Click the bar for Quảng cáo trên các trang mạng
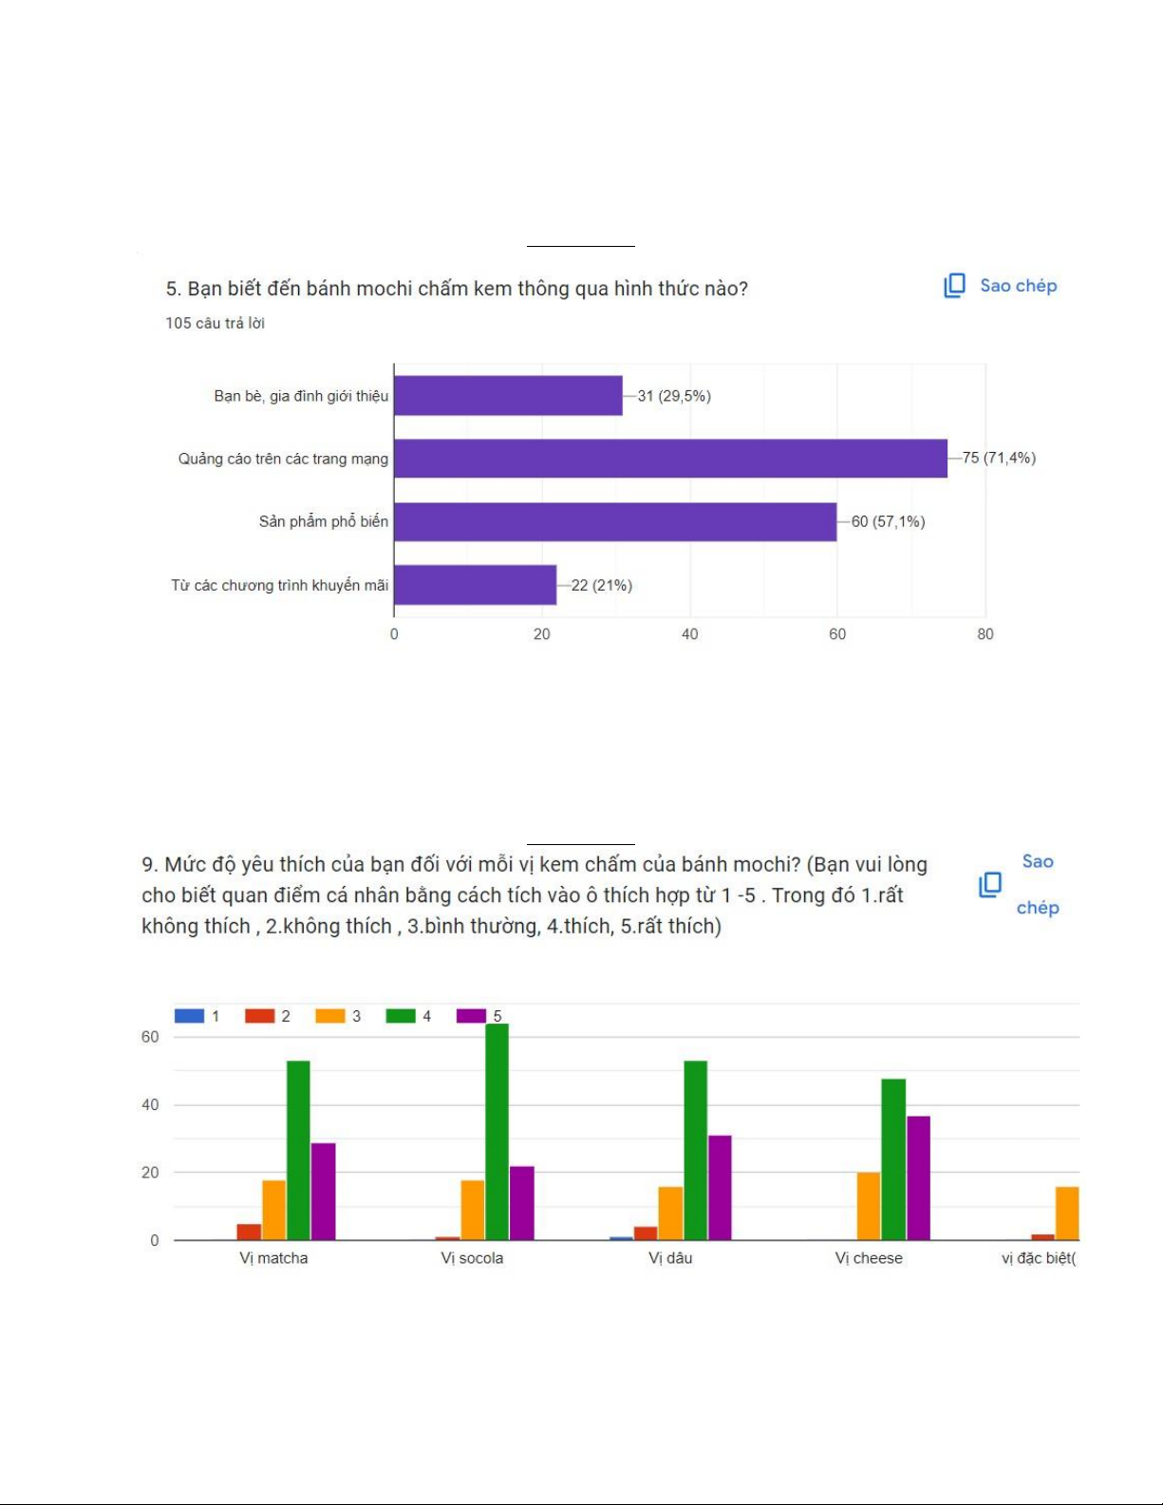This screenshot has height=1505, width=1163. [670, 459]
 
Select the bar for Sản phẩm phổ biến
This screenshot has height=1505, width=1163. [615, 522]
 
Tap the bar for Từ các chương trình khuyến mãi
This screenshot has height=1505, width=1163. [475, 585]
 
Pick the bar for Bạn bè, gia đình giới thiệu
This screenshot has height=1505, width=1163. [508, 396]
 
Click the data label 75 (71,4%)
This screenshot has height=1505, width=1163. [999, 459]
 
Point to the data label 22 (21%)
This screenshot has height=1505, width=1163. [601, 585]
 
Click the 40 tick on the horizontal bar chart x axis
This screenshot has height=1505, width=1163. [689, 634]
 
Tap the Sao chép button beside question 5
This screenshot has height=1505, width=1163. [1000, 286]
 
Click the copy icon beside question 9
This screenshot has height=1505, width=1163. [990, 885]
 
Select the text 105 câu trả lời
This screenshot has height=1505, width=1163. [215, 323]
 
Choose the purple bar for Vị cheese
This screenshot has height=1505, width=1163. [918, 1177]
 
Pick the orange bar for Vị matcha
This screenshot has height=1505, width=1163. [273, 1210]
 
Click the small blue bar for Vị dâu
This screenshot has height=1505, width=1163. [621, 1238]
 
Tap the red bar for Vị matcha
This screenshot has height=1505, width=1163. [249, 1232]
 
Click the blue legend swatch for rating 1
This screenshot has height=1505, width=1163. [189, 1016]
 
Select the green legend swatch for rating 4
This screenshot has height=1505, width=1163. [401, 1016]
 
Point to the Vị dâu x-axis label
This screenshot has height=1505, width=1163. [670, 1258]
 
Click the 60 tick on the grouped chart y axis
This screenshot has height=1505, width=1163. [150, 1037]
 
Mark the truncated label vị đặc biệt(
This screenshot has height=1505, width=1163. [1039, 1258]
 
